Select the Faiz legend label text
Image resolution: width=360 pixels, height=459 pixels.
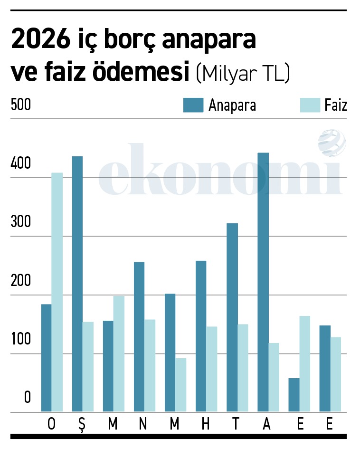click(x=336, y=105)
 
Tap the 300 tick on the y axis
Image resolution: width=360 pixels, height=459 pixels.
click(x=20, y=222)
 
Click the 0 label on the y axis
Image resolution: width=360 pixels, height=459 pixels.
click(x=27, y=398)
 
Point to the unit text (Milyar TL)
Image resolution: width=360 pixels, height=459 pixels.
click(x=242, y=74)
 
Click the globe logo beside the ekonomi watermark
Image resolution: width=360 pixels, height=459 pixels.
click(x=332, y=143)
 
